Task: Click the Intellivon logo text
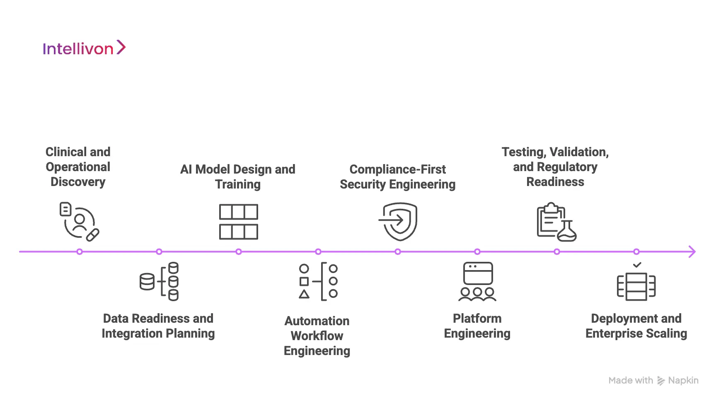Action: (x=78, y=49)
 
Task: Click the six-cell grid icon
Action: (x=238, y=222)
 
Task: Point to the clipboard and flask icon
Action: (x=556, y=222)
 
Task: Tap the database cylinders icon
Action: (x=159, y=281)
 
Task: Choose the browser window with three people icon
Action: (x=477, y=281)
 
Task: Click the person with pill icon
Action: (x=79, y=222)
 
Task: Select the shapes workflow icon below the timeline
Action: (x=318, y=281)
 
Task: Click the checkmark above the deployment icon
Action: (x=637, y=265)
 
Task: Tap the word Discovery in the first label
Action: (x=78, y=182)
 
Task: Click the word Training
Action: (x=238, y=184)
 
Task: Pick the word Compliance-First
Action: (x=397, y=169)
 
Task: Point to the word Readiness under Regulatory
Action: (x=555, y=182)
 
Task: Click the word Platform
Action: (x=477, y=319)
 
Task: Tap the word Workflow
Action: (x=317, y=336)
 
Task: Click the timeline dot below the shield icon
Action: (x=398, y=251)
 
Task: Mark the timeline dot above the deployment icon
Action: (x=636, y=251)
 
